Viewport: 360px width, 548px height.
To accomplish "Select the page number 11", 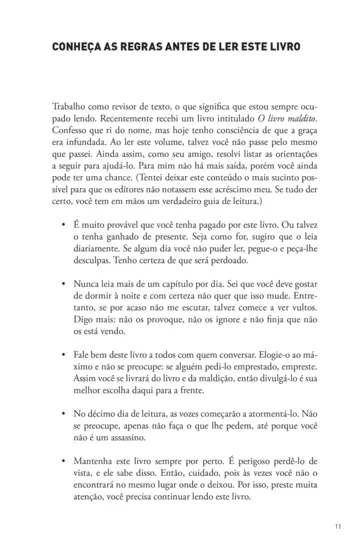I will (339, 529).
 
